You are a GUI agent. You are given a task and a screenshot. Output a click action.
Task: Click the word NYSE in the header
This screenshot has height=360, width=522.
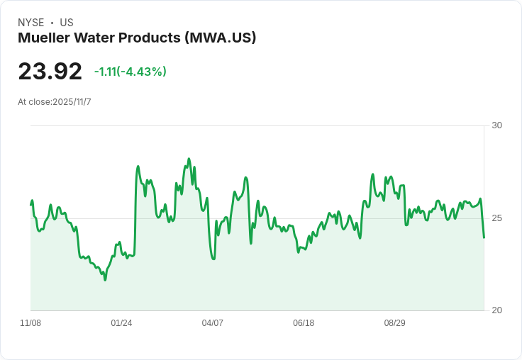coord(30,23)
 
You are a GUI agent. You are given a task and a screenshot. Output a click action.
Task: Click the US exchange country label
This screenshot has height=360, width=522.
coord(67,23)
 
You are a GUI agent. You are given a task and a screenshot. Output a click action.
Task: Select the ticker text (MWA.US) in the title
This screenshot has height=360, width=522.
coord(220,38)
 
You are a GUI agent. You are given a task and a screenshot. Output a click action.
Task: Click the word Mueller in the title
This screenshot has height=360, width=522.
coord(43,38)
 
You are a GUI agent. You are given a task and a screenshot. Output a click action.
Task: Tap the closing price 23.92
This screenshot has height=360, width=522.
coord(50,72)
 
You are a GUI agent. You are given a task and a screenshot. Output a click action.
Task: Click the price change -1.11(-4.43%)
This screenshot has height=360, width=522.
coord(130,72)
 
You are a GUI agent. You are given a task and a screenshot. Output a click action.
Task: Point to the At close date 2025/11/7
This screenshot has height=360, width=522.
coord(72,102)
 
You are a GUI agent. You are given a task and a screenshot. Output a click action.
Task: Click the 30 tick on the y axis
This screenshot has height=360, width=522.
coord(497,125)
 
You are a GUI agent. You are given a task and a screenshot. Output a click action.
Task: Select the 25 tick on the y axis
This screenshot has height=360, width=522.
coord(497,218)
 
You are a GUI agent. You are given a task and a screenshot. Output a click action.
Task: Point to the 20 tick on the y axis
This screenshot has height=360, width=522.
coord(497,310)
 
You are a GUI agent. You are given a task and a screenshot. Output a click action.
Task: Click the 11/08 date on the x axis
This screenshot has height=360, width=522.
coord(30,323)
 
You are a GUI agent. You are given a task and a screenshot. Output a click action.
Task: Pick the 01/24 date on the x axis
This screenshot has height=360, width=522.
coord(121,323)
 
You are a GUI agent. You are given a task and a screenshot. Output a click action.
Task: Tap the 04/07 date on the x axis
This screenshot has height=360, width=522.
coord(212,323)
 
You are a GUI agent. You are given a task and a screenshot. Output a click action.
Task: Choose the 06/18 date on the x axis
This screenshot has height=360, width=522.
coord(304,323)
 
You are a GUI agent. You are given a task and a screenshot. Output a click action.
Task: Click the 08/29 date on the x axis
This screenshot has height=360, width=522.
coord(394,323)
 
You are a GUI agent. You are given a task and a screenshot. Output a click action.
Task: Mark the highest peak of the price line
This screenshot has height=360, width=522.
coord(189,159)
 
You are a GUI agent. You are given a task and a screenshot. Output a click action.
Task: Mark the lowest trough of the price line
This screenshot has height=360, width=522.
coord(105,280)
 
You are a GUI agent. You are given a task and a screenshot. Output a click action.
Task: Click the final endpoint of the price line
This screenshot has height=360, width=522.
coord(484,237)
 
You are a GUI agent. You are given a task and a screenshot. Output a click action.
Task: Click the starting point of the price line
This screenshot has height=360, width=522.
coord(31,205)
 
